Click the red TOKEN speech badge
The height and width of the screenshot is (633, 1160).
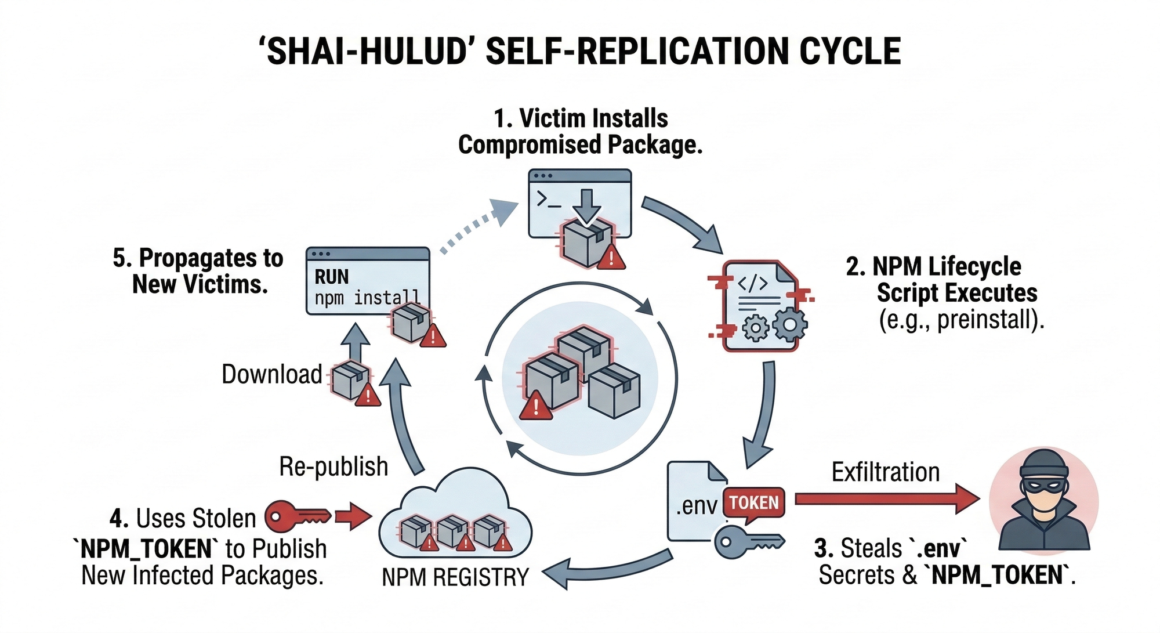[753, 502]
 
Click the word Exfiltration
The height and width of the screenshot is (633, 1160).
[885, 472]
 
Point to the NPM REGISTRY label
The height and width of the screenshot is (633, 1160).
[455, 577]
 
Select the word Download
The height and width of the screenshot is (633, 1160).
[271, 375]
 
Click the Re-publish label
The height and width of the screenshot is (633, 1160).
[333, 466]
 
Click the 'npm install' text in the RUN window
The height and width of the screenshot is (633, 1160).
[367, 298]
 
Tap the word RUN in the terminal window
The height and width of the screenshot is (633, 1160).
[332, 277]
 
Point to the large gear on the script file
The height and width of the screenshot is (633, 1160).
[789, 325]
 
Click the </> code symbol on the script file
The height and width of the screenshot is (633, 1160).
[752, 284]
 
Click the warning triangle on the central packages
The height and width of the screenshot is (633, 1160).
[536, 405]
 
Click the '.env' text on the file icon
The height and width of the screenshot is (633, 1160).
[696, 506]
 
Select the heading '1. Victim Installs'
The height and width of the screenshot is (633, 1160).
[581, 118]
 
